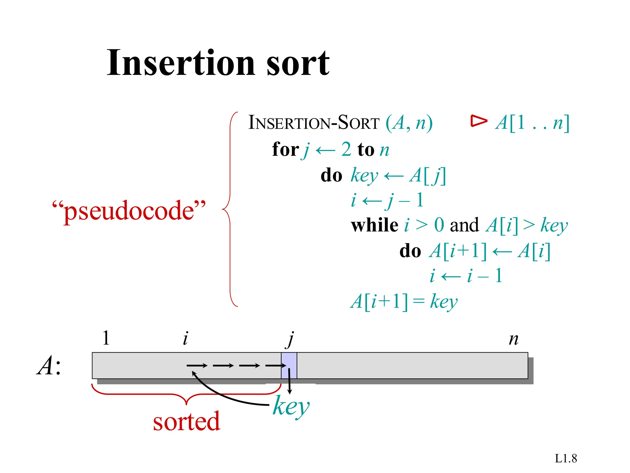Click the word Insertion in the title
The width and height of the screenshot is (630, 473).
coord(181,63)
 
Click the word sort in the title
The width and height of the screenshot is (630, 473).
coord(298,63)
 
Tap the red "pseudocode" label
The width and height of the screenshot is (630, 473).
coord(129,211)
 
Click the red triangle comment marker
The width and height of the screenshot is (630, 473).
coord(478,121)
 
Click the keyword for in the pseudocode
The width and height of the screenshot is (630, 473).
coord(285,150)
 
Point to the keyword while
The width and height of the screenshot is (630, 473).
coord(374,225)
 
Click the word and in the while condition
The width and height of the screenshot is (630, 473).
coord(464,225)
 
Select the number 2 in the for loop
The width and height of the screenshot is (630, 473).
coord(346,150)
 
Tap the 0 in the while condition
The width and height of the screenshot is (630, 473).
coord(439,225)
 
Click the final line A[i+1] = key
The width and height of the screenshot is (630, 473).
coord(404,301)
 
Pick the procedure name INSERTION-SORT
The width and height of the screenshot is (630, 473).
coord(314,123)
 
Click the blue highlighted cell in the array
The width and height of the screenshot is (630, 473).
coord(289,366)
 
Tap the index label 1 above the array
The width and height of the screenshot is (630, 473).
coord(106,338)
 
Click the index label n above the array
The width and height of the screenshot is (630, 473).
coord(513,339)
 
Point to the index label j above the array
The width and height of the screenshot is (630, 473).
coord(290,339)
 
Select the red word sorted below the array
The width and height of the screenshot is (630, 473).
coord(186,421)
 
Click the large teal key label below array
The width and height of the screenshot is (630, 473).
coord(291,406)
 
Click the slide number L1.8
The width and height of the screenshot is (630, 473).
coord(566,459)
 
